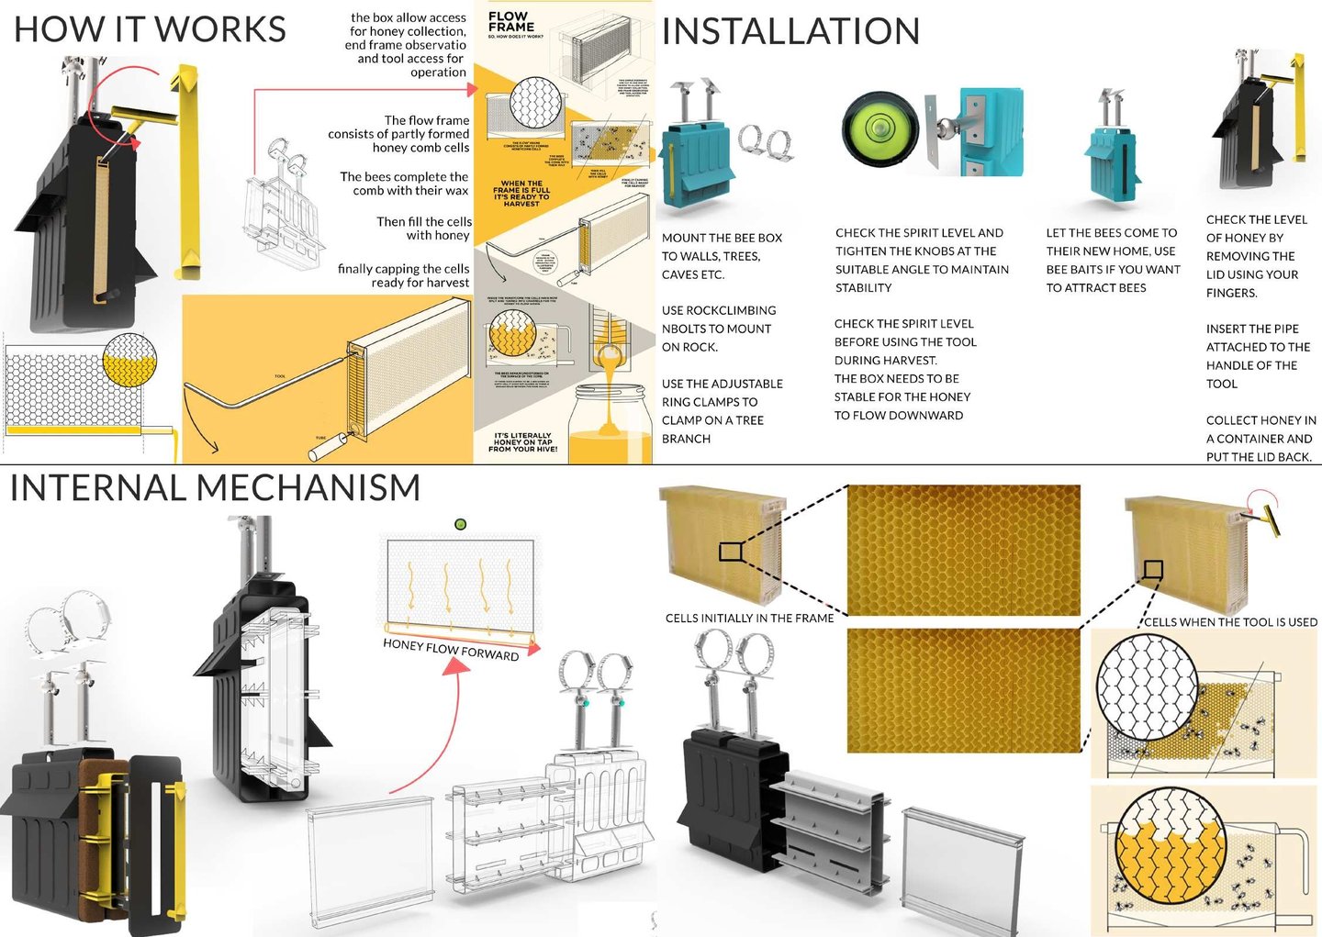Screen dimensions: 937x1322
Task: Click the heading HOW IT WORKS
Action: [x=150, y=29]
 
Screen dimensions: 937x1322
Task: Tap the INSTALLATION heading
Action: [x=790, y=31]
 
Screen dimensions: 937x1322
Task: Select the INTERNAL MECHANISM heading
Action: [x=215, y=487]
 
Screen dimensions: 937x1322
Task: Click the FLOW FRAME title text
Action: [x=510, y=21]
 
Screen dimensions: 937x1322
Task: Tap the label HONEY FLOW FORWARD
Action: [x=451, y=649]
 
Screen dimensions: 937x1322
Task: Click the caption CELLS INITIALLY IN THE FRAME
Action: [x=749, y=619]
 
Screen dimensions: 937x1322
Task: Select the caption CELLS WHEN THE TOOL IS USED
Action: [x=1230, y=622]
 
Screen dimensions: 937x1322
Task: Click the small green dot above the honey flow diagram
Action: [x=461, y=525]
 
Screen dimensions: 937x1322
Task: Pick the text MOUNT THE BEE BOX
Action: [x=722, y=239]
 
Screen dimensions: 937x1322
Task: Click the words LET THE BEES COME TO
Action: [x=1111, y=233]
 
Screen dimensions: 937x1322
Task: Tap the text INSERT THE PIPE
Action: [x=1252, y=329]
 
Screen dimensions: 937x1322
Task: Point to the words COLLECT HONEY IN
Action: [x=1260, y=420]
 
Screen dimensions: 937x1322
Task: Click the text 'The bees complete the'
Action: [x=404, y=177]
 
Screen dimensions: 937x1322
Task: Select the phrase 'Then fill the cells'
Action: [x=424, y=222]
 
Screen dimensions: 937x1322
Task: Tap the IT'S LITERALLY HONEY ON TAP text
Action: [x=522, y=442]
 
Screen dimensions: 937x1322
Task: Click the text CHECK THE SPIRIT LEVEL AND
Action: [x=919, y=233]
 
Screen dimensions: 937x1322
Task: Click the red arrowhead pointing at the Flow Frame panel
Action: [x=473, y=90]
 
